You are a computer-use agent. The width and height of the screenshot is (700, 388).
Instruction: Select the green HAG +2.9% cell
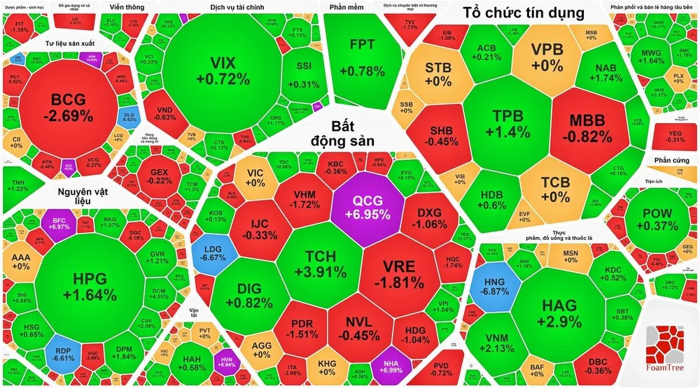[x=559, y=313]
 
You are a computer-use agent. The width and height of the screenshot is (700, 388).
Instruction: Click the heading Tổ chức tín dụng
[x=523, y=13]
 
